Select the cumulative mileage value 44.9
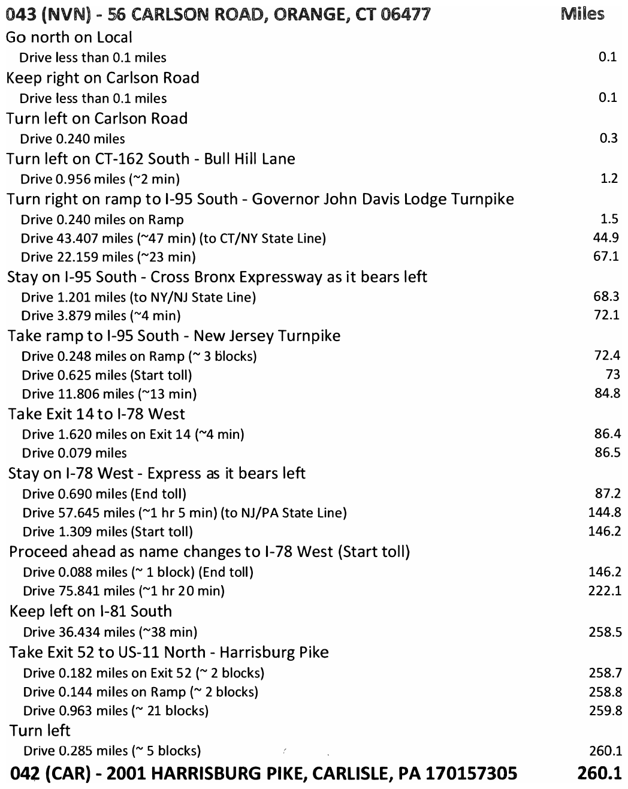606,238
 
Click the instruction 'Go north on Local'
69,37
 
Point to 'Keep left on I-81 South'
90,612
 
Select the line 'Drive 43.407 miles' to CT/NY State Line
173,238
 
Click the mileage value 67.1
606,257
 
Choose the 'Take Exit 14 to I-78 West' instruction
96,414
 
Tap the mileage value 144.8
605,513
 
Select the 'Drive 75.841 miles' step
123,591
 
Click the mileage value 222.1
605,591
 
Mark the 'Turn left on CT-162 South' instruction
150,159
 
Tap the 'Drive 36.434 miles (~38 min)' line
110,632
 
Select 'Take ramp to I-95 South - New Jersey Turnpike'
174,336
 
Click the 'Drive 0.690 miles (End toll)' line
104,494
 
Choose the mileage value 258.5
605,632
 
